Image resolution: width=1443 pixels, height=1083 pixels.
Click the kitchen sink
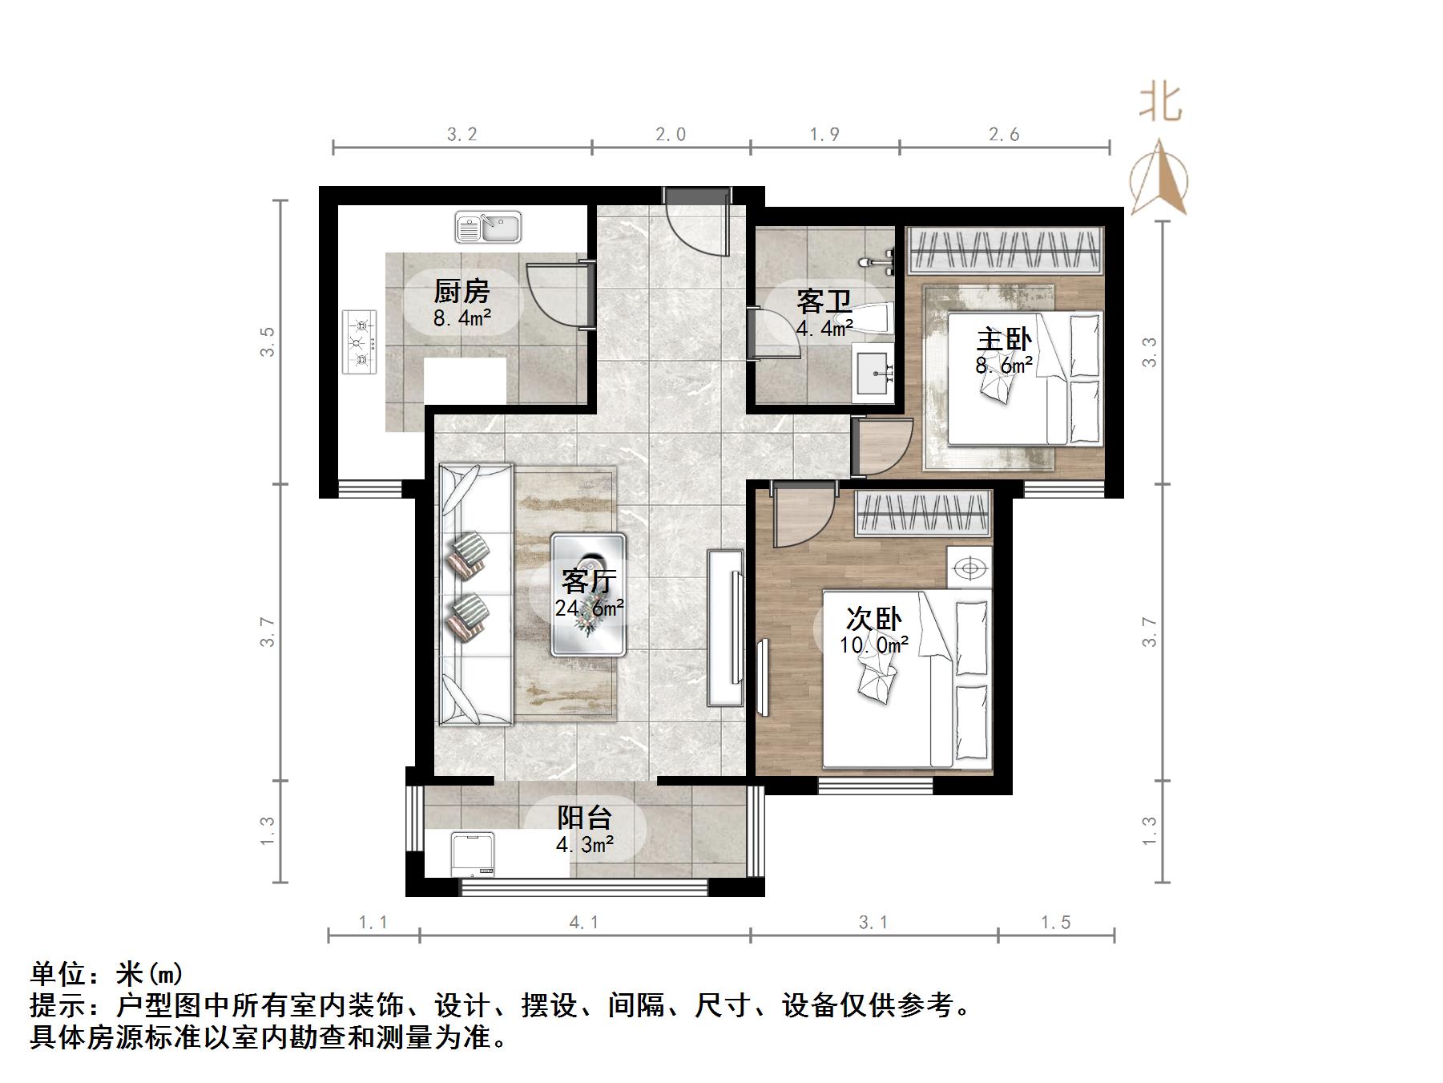[x=488, y=227]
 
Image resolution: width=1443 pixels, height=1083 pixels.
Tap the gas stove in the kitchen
[x=360, y=341]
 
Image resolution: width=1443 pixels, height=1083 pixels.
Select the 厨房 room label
[x=462, y=291]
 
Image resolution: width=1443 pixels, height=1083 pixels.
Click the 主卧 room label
[x=1004, y=339]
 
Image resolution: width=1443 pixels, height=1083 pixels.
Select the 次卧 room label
[x=873, y=618]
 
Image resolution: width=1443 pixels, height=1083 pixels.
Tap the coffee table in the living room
[x=589, y=595]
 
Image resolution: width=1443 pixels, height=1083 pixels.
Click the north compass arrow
[x=1159, y=176]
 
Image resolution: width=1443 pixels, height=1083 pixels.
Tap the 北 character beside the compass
[x=1161, y=103]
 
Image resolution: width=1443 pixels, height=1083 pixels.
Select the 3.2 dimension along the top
[x=462, y=135]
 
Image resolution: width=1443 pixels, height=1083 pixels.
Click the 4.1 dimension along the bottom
[x=584, y=923]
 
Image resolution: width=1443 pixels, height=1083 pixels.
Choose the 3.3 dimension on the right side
[x=1150, y=352]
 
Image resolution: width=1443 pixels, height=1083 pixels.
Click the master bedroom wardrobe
[x=1005, y=249]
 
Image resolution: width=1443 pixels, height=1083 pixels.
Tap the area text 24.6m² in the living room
[x=590, y=608]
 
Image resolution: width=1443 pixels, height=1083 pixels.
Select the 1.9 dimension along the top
[x=824, y=135]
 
